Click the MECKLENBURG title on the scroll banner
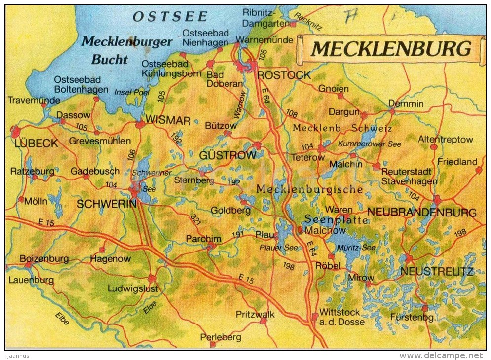pos(391,49)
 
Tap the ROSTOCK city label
pos(284,75)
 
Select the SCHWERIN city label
pos(107,204)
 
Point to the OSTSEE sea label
pos(170,16)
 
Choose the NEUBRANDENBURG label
pos(422,213)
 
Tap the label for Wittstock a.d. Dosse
pos(342,317)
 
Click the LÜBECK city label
pos(36,144)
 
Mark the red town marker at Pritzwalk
pos(263,321)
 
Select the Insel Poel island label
pos(131,92)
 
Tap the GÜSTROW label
pos(227,155)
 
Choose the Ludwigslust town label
pos(133,288)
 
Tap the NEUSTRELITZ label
pos(437,271)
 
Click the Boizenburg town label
pos(44,258)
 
